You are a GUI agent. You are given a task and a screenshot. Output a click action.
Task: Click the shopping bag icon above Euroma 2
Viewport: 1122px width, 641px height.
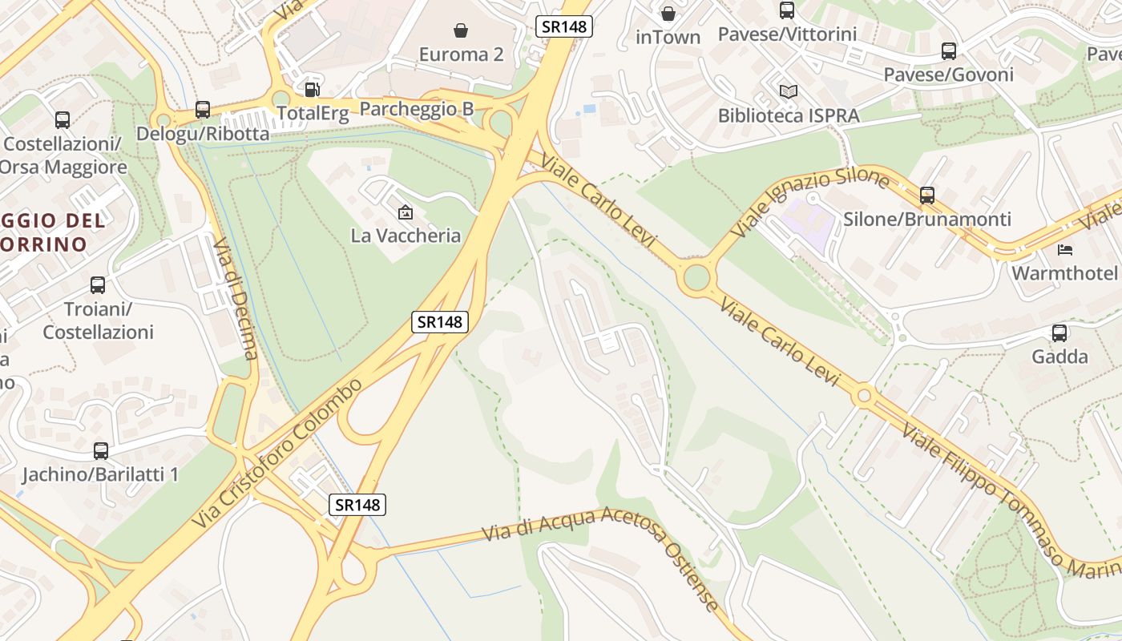point(461,30)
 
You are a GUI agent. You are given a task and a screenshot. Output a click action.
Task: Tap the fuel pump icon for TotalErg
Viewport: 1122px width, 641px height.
point(313,89)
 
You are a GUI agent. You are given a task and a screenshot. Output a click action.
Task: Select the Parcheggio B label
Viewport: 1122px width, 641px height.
point(416,109)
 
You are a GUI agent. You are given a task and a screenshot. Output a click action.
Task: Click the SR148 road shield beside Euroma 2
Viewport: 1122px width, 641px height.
point(564,26)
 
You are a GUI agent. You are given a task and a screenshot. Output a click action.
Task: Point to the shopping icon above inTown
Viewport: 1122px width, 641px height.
point(668,13)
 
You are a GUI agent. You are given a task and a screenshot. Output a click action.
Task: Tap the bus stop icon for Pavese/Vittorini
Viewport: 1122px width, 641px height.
point(787,10)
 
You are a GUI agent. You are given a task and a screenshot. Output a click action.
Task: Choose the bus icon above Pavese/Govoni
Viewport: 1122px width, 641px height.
point(949,51)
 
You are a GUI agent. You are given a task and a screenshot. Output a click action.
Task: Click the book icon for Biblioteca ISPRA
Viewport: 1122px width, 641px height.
point(789,91)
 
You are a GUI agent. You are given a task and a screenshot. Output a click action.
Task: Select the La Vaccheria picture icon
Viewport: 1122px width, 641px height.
point(406,212)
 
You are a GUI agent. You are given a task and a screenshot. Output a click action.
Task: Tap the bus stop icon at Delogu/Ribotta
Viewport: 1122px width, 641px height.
point(203,110)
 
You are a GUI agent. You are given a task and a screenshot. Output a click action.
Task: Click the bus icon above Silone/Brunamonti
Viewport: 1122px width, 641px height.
point(927,195)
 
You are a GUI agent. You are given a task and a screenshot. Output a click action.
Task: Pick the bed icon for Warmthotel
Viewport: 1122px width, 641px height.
point(1065,249)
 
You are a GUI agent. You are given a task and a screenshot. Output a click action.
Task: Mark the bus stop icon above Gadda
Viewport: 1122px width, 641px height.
point(1059,333)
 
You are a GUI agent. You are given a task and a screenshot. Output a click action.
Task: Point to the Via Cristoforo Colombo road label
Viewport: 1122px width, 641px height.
point(276,454)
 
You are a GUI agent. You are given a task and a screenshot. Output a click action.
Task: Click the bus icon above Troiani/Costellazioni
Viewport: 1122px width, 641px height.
point(98,285)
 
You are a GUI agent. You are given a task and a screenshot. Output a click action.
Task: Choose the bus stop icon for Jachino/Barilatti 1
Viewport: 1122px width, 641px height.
point(101,451)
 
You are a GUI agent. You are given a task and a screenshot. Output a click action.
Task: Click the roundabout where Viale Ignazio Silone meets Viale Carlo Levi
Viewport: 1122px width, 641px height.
point(696,278)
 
